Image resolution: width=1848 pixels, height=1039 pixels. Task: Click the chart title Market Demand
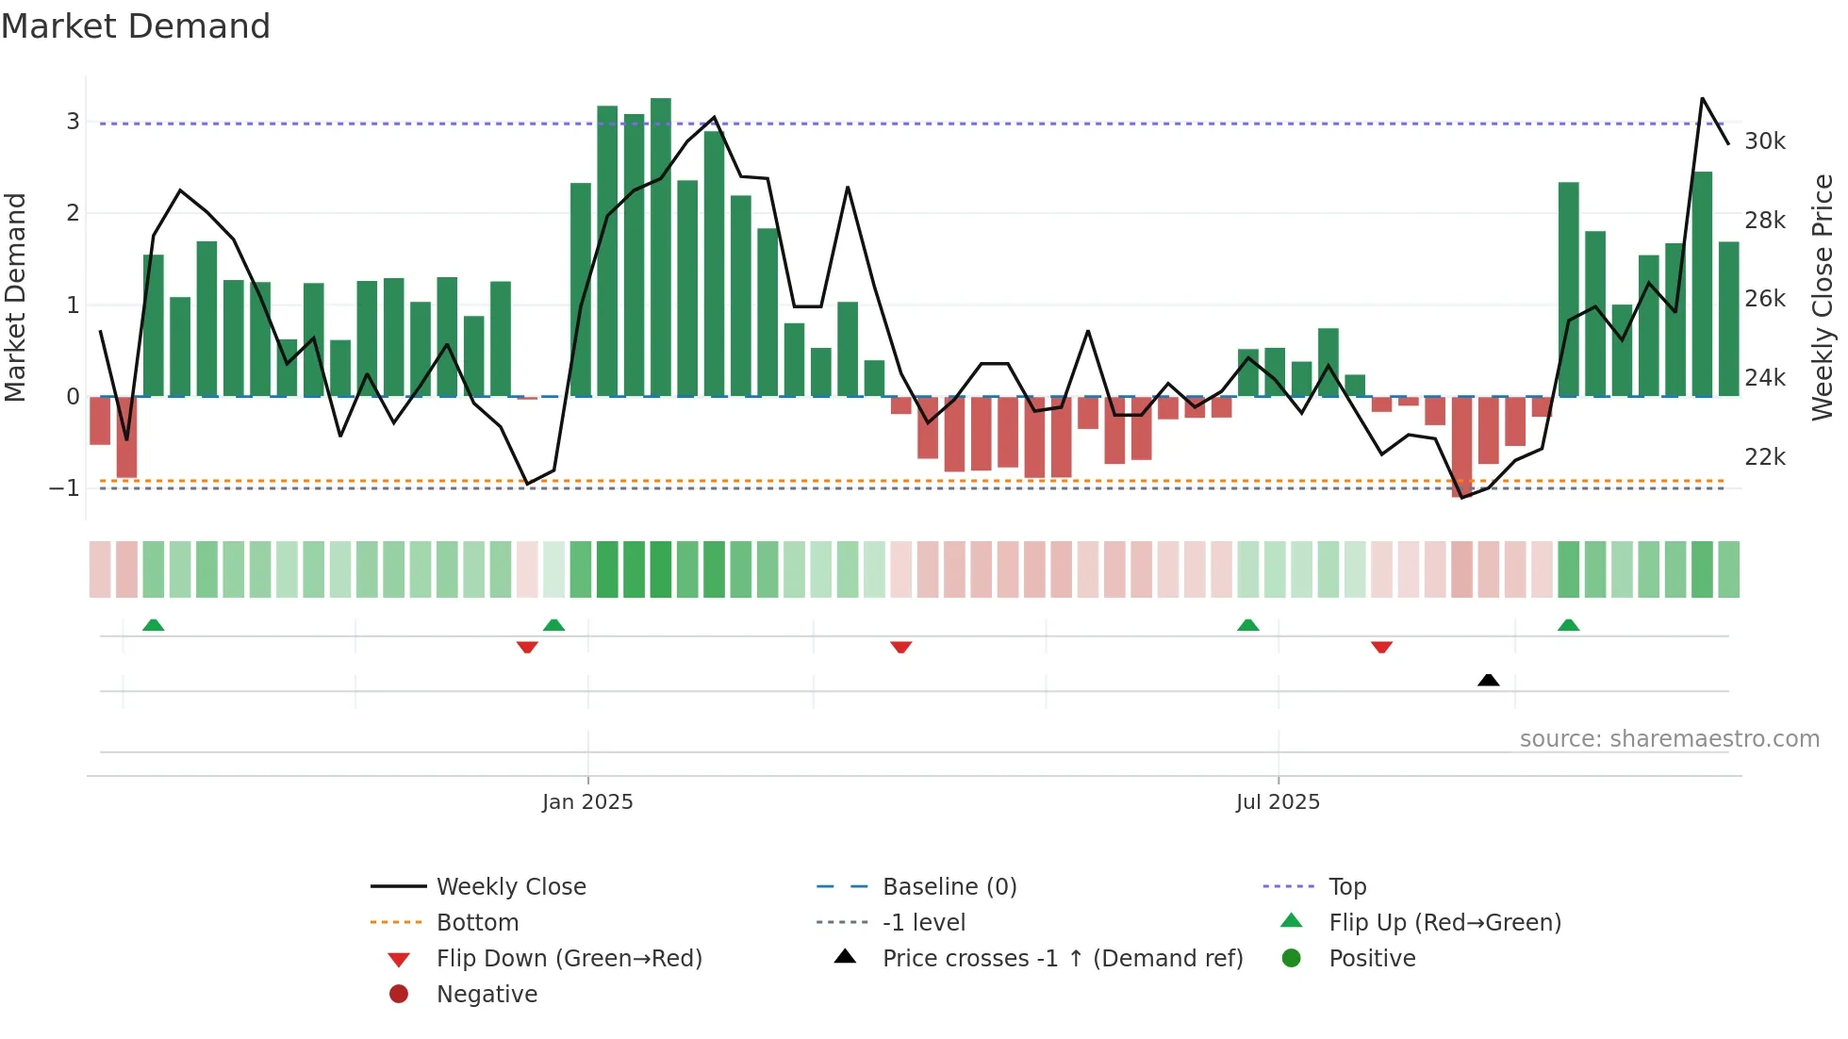pos(136,26)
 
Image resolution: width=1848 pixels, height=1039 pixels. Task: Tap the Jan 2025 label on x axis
pos(587,802)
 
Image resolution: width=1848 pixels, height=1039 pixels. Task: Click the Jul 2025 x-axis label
pos(1278,802)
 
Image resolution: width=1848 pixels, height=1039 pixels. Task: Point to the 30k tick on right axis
pos(1764,141)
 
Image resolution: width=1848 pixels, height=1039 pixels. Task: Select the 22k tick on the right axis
pos(1764,457)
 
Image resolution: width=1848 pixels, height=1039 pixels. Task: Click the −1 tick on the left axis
pos(65,488)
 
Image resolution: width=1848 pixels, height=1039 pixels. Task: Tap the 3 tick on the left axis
pos(73,122)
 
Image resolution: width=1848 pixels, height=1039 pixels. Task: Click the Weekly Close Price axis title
pos(1823,297)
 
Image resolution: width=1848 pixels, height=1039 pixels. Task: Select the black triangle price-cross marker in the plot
pos(1488,680)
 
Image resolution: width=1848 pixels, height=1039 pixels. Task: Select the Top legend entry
pos(1346,887)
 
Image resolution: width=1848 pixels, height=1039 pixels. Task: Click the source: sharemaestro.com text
pos(1669,739)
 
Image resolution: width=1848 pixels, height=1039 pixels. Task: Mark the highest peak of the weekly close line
pos(1702,98)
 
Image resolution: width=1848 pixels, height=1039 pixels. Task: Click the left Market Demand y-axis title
pos(16,297)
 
